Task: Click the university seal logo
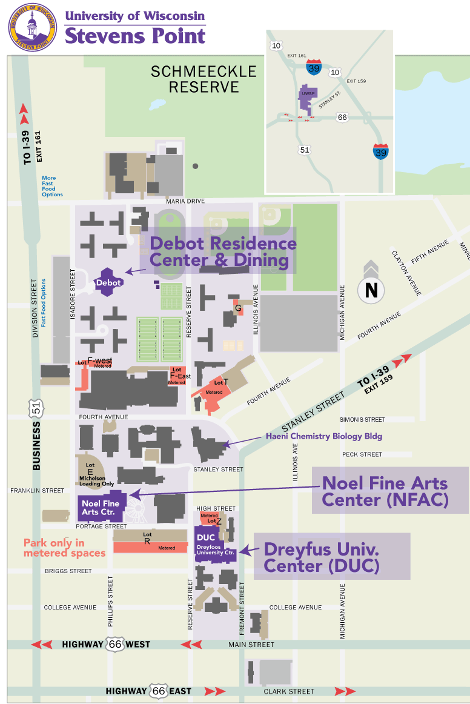[x=32, y=27]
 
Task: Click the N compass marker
[x=371, y=290]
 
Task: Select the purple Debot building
[x=109, y=282]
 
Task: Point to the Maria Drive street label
[x=187, y=201]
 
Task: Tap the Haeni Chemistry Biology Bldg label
[x=324, y=436]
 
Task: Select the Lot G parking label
[x=238, y=308]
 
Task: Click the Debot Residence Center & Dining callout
[x=223, y=251]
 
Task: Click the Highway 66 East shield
[x=159, y=691]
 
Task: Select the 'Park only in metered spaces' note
[x=64, y=548]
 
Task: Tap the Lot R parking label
[x=147, y=538]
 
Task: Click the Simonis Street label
[x=362, y=419]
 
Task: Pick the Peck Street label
[x=362, y=454]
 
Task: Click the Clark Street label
[x=289, y=691]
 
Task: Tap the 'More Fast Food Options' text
[x=52, y=187]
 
